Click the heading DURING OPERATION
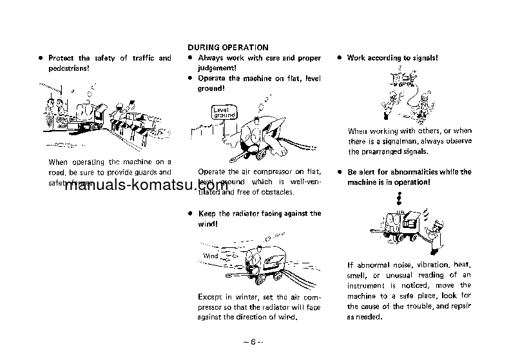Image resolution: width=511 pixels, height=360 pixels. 227,48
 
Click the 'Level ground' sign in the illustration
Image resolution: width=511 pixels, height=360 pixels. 224,113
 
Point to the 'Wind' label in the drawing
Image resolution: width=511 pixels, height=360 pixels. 211,256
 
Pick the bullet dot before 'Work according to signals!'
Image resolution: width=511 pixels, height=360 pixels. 339,58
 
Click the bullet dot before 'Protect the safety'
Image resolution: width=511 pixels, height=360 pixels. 41,58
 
